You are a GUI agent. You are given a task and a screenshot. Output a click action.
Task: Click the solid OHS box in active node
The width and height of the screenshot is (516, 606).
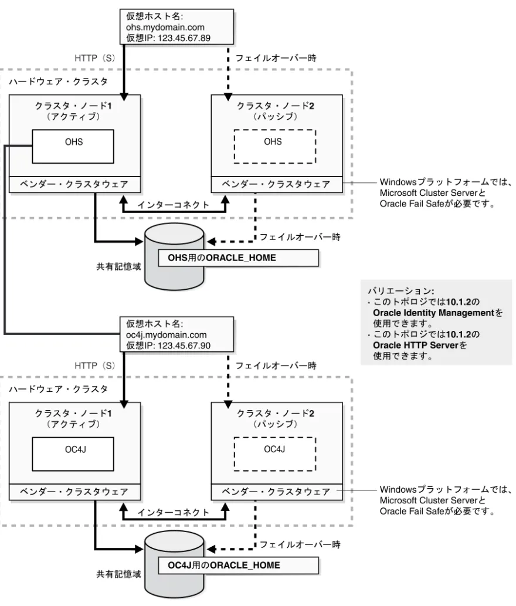(73, 147)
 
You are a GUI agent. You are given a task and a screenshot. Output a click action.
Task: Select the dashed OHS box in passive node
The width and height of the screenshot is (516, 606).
(275, 147)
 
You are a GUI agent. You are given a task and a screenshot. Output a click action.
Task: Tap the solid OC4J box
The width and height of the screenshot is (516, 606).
(73, 454)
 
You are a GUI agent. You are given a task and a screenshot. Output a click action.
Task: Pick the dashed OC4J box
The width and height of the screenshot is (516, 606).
(275, 454)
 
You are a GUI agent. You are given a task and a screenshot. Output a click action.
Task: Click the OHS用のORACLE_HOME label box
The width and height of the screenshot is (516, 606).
(238, 258)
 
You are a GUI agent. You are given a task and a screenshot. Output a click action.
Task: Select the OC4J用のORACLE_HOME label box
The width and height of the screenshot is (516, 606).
(238, 566)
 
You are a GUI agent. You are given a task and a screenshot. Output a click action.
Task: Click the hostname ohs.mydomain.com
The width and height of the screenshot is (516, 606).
(165, 28)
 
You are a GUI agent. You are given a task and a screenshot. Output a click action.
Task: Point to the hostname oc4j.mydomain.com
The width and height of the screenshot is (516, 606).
(167, 335)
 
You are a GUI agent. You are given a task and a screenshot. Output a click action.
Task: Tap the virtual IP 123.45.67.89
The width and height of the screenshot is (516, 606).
(184, 38)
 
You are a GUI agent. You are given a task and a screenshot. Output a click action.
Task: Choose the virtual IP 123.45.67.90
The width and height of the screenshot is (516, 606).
(184, 346)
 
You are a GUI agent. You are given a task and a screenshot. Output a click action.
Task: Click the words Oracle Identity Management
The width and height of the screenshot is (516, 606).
(434, 313)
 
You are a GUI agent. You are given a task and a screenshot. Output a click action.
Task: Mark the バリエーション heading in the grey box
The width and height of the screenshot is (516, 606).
(400, 291)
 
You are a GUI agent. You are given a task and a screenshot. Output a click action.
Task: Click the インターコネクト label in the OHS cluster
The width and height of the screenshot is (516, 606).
(174, 205)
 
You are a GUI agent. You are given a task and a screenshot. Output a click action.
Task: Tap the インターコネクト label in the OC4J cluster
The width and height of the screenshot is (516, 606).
(174, 513)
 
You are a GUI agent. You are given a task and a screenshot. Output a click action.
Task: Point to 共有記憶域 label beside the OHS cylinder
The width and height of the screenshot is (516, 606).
(118, 266)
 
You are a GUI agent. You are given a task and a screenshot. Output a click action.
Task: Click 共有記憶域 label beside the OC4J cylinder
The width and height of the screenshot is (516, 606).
(118, 574)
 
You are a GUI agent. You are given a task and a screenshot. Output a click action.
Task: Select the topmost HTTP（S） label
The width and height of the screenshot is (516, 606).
(95, 58)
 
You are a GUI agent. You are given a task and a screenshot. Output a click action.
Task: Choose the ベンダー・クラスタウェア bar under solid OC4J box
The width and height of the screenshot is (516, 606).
(74, 492)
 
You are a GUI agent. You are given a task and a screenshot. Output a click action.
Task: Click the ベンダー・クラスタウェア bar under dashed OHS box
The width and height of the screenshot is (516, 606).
(277, 184)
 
